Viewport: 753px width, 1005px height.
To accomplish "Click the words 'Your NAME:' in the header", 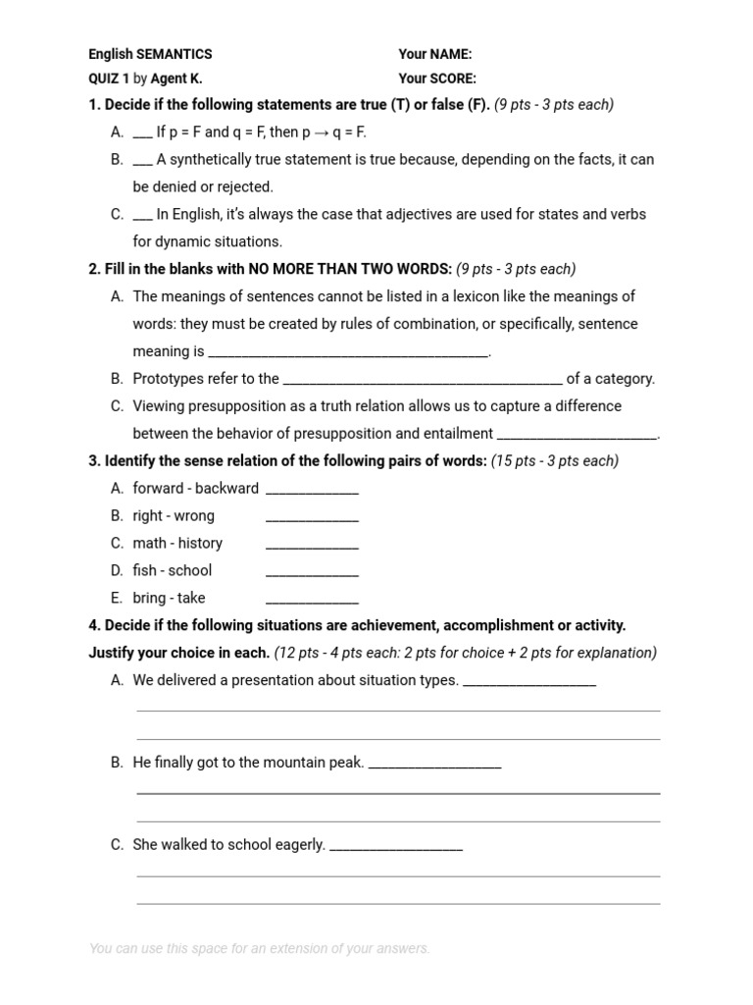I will pos(434,55).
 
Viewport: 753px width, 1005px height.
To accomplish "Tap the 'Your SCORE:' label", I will pos(437,79).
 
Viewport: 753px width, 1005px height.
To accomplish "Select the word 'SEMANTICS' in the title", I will pos(174,55).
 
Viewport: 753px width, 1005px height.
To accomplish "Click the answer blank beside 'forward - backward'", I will pos(312,492).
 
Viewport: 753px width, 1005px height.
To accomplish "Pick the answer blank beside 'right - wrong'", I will pos(312,519).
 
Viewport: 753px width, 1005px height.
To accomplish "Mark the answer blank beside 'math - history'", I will pos(312,547).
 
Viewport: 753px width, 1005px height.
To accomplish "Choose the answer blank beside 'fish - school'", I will pos(312,574).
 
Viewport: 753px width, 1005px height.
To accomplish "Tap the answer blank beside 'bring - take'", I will pos(312,602).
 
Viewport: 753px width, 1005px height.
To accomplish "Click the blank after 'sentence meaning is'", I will pos(348,355).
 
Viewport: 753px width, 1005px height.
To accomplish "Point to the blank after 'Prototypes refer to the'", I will pos(422,383).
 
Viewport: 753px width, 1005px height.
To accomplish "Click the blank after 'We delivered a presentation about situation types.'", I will pos(528,684).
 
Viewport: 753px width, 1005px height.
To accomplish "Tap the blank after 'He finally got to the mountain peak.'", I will pos(434,767).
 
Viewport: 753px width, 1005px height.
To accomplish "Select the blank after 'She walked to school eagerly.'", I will pos(396,849).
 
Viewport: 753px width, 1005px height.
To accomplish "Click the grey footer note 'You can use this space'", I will pos(259,948).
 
